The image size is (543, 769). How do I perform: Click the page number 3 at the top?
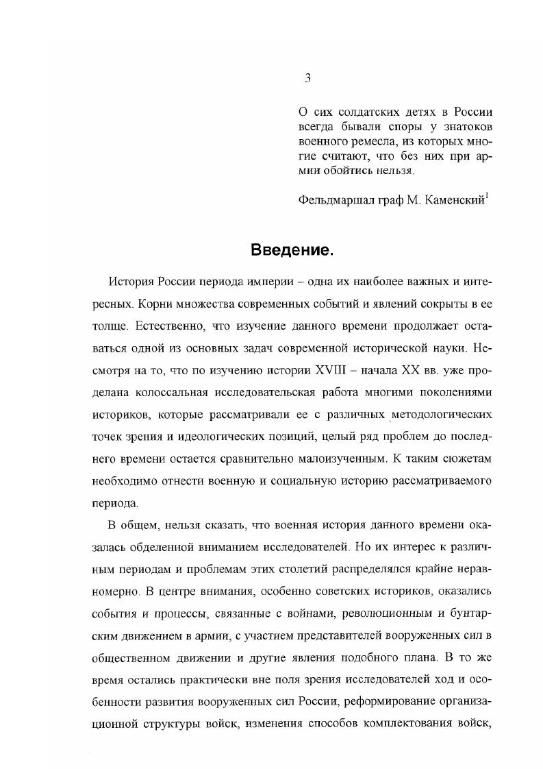click(x=307, y=78)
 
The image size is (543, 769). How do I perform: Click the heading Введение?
click(x=291, y=250)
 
